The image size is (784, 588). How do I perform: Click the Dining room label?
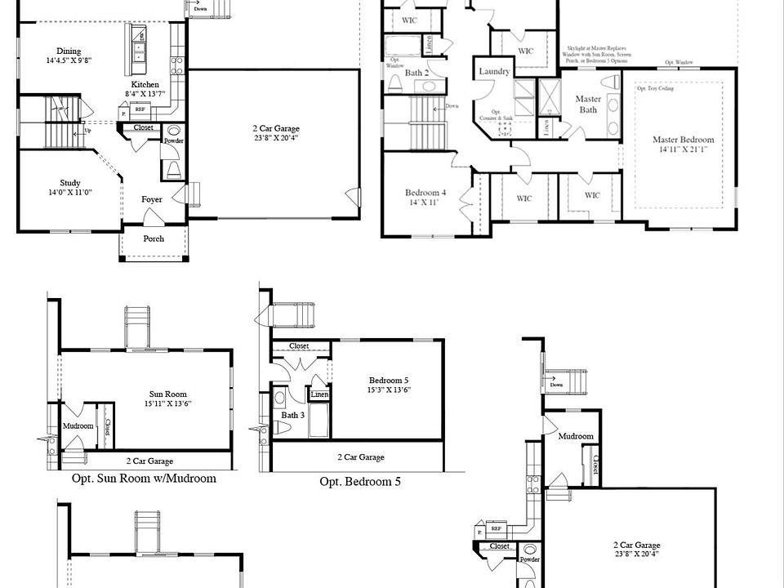tap(69, 51)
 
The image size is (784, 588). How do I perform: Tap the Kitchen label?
tap(145, 84)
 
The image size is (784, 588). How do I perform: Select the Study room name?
tap(69, 183)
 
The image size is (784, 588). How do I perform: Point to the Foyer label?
tap(151, 199)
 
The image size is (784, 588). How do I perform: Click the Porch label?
tap(154, 238)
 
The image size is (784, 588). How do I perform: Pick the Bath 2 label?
tap(417, 73)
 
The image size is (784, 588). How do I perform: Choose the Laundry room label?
tap(495, 72)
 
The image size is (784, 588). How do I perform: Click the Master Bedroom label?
tap(683, 140)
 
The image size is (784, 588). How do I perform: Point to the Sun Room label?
tap(167, 394)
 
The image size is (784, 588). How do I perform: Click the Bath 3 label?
tap(292, 415)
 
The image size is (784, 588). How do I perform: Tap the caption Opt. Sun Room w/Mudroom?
tap(144, 479)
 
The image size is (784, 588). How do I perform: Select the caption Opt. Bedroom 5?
tap(360, 482)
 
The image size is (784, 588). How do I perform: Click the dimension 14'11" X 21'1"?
tap(683, 149)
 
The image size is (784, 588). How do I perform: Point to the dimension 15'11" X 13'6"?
tap(167, 403)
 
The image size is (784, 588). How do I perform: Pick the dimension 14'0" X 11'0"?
tap(69, 193)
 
